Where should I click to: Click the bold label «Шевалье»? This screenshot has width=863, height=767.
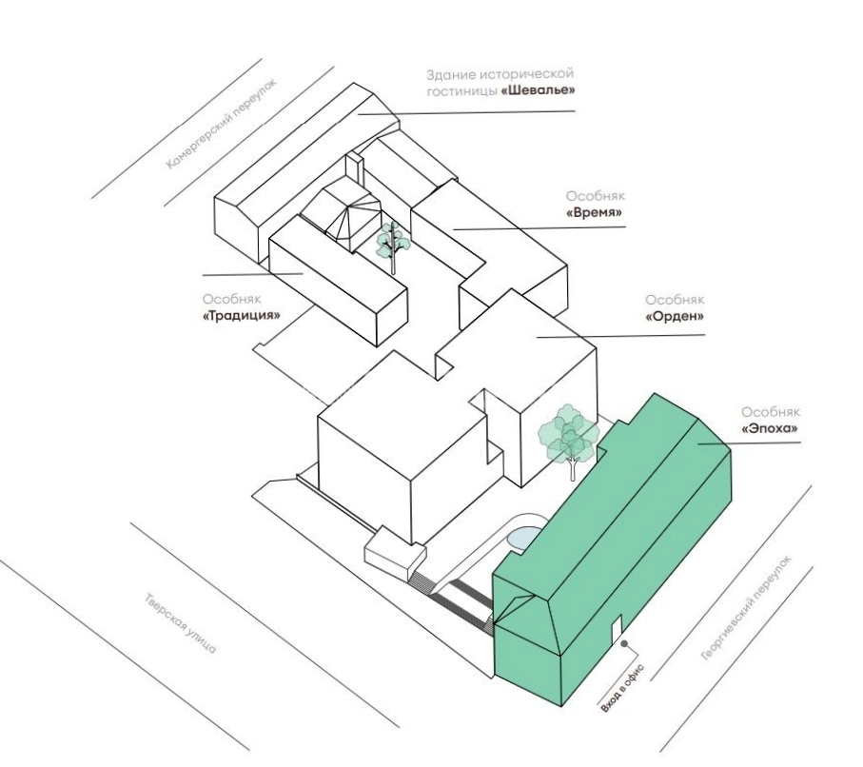click(539, 90)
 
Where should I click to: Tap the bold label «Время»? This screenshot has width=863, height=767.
click(596, 213)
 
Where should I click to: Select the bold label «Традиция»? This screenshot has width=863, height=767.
click(242, 316)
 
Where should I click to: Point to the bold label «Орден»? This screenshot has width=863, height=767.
click(676, 317)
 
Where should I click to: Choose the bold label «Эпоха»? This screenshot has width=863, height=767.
click(771, 428)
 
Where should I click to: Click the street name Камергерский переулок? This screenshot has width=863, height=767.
click(222, 124)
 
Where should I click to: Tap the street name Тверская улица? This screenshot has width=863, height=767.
click(181, 622)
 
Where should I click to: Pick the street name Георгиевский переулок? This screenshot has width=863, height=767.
click(747, 607)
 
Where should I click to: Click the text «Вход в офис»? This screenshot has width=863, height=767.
click(622, 689)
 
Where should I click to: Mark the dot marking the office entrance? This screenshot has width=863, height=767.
click(624, 643)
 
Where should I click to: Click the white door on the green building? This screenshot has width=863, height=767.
click(617, 628)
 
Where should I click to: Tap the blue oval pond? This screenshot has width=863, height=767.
click(523, 538)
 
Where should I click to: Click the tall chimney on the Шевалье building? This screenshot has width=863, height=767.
click(354, 168)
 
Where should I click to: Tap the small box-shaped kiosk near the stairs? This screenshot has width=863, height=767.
click(395, 552)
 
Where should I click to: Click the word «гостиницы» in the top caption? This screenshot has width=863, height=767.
click(461, 91)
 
